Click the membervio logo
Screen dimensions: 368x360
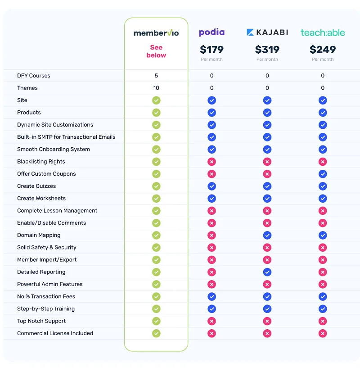tap(156, 33)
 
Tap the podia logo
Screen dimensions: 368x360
tap(211, 32)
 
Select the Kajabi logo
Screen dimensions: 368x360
tap(267, 32)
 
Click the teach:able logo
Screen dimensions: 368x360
tap(323, 32)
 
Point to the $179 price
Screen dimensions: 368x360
tap(211, 49)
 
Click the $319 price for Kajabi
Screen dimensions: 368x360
tap(267, 49)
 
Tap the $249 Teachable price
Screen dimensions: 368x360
tap(323, 49)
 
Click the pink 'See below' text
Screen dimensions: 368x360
tap(156, 51)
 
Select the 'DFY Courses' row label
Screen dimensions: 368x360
tap(34, 76)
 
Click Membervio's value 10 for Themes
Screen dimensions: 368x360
tap(156, 88)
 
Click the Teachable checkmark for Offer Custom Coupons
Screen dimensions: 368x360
tap(323, 174)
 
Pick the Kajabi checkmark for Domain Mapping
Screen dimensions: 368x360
tap(267, 235)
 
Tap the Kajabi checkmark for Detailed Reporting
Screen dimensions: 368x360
tap(267, 272)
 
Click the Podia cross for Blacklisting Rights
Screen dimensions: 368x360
tap(211, 162)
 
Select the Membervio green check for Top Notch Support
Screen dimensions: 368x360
tap(156, 321)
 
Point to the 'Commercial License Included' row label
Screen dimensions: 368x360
tap(55, 333)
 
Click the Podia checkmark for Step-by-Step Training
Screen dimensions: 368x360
tap(211, 309)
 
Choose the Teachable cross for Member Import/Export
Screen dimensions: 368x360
tap(323, 260)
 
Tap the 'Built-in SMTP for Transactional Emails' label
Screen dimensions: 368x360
tap(66, 137)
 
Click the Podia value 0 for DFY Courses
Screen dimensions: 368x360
tap(211, 76)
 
